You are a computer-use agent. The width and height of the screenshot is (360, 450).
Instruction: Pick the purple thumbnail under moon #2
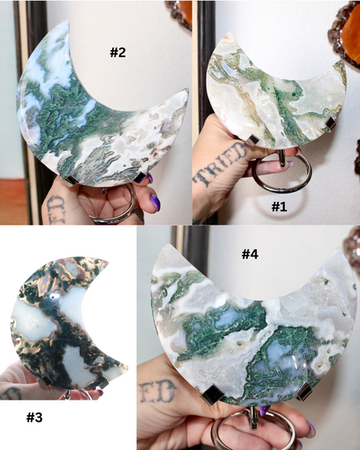(x=154, y=202)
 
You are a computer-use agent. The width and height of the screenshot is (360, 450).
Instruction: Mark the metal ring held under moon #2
(x=117, y=209)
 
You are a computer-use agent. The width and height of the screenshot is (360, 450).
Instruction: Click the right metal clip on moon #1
(x=329, y=125)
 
